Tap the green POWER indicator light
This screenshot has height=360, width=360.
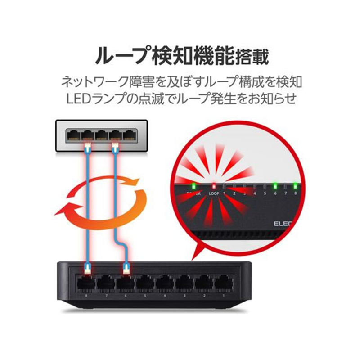pyautogui.click(x=193, y=185)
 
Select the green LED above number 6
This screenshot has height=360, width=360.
pyautogui.click(x=274, y=185)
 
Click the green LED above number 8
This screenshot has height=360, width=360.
pyautogui.click(x=296, y=185)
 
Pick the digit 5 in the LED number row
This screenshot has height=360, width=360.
pyautogui.click(x=265, y=194)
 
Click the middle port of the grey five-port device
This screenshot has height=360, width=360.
pyautogui.click(x=102, y=135)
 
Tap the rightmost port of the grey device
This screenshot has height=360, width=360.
pyautogui.click(x=130, y=135)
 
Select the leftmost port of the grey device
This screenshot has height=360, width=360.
pyautogui.click(x=73, y=135)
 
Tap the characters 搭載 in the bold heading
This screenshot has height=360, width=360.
pyautogui.click(x=252, y=57)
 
